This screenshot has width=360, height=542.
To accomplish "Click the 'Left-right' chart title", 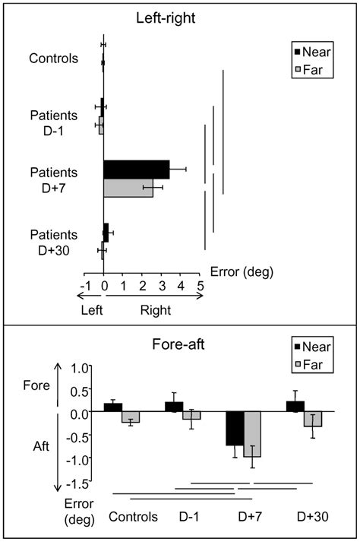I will click(x=180, y=16).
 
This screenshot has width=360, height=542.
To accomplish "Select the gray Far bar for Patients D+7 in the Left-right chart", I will click(x=128, y=187).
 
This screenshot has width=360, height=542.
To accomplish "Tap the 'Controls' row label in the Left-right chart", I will click(x=53, y=57).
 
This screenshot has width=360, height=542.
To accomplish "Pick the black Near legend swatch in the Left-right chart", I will click(x=297, y=52).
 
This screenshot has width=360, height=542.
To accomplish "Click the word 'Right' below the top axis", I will click(x=156, y=310).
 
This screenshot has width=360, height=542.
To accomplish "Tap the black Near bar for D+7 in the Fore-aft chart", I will click(x=234, y=429).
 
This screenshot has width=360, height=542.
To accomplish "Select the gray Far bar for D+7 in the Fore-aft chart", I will click(x=252, y=434).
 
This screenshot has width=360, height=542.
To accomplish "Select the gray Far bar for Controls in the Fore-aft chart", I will click(x=131, y=417).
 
